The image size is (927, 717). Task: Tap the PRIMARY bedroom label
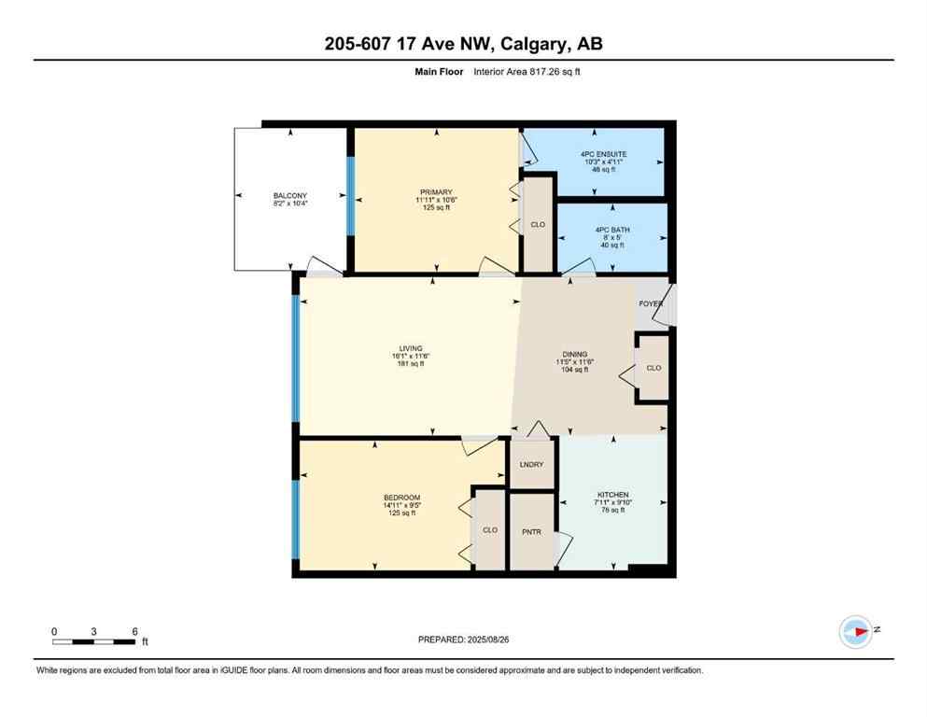click(434, 192)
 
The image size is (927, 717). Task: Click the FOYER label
click(651, 304)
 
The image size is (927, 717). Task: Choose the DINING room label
click(575, 355)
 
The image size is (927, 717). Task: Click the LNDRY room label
click(533, 465)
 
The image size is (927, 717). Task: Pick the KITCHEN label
click(613, 495)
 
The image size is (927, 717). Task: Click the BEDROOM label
click(401, 497)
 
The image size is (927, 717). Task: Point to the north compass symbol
click(855, 632)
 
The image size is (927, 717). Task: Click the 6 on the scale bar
click(135, 632)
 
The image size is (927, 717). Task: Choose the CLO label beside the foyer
click(653, 368)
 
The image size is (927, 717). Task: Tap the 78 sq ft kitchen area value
click(613, 510)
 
